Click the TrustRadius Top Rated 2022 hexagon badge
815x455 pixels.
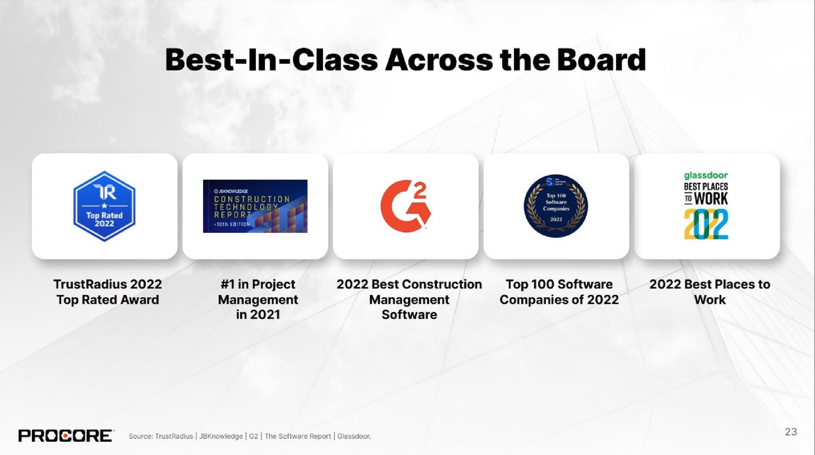104,206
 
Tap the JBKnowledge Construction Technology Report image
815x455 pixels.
255,206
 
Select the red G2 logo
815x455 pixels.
405,206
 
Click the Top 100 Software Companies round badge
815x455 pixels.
556,206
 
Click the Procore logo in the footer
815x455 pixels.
65,436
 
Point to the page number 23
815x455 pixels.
791,432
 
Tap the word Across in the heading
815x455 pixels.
439,60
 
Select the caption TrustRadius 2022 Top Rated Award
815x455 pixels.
107,292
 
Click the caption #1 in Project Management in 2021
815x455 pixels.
258,300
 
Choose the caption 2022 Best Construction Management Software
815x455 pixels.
409,300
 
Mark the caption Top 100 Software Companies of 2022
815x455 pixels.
559,292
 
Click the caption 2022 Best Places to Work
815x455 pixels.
709,292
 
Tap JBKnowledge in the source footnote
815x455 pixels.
221,436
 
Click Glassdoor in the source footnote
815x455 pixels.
354,436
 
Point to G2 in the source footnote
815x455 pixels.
254,436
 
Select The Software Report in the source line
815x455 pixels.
298,436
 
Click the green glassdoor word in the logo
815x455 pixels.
706,175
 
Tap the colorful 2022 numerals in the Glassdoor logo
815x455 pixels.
706,224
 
